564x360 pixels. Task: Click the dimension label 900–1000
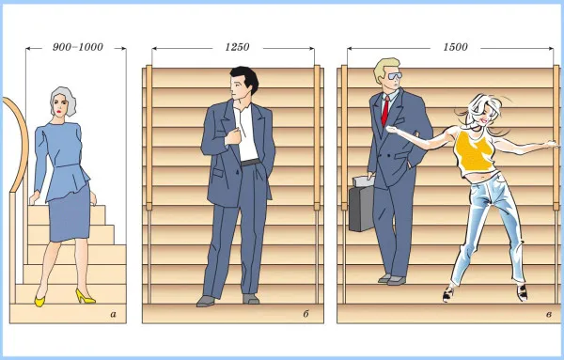point(78,47)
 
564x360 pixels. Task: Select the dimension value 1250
point(237,47)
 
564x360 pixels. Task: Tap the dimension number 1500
point(455,47)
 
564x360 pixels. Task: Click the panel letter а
point(114,315)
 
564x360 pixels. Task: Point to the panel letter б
point(305,314)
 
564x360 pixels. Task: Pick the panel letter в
point(549,315)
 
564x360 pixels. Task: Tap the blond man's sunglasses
point(394,76)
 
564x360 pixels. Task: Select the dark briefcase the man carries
point(362,204)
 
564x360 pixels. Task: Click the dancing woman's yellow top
point(474,153)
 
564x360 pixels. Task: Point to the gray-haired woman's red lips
point(58,112)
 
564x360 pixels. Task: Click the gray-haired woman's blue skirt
point(69,213)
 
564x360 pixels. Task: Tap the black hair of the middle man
point(246,78)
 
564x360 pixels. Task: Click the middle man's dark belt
point(250,163)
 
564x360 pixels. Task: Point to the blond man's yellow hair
point(384,69)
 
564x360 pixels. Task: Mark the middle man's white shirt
point(246,134)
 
